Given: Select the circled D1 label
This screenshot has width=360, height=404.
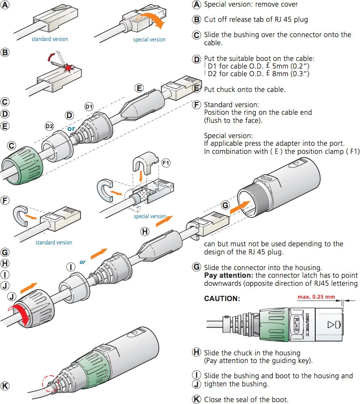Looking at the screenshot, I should click(89, 107).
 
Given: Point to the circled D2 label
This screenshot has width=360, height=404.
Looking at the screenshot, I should click(49, 126).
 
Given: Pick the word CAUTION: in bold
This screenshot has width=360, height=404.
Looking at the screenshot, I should click(222, 299).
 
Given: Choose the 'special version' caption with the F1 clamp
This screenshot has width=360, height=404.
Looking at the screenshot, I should click(150, 216).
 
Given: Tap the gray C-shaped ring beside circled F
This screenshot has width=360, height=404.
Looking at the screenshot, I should click(20, 214).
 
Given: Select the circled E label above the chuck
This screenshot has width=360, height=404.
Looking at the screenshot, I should click(139, 88).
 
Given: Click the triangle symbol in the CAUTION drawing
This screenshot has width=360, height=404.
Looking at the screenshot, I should click(329, 325).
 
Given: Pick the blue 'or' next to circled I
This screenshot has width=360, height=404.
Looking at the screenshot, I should click(82, 262).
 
